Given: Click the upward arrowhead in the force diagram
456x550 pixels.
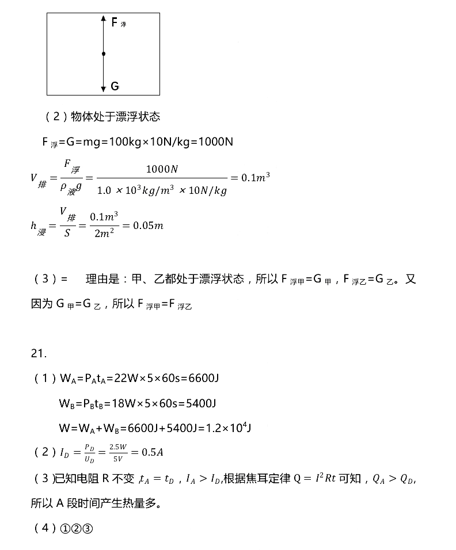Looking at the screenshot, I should tap(103, 20).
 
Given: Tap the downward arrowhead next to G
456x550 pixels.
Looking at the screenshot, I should tap(103, 89).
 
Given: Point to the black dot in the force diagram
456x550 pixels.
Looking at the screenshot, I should tap(104, 54).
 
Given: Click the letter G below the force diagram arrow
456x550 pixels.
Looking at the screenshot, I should tap(115, 86).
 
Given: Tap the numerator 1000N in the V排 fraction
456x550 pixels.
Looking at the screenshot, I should tap(162, 169).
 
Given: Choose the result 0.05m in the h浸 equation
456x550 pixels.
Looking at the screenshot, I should tap(148, 226).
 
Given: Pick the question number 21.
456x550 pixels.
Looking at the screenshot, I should tap(39, 353).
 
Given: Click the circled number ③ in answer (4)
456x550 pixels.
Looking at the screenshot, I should tap(88, 529).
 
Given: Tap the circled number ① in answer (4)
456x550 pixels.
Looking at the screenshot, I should tap(64, 529).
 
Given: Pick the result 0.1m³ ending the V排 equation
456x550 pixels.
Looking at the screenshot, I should tap(256, 178).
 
